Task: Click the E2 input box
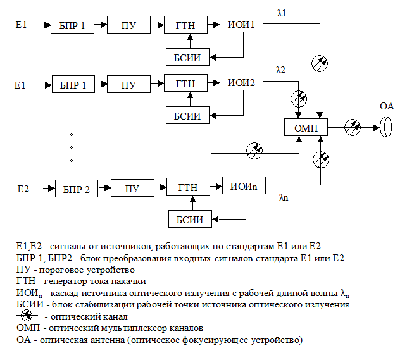(23, 189)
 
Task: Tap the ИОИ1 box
(241, 25)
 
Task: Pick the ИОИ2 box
(241, 82)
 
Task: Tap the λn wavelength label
(284, 197)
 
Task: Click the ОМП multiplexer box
(306, 128)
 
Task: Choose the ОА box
(386, 106)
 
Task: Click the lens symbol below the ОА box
(385, 128)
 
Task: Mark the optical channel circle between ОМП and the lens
(352, 128)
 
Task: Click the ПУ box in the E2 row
(132, 189)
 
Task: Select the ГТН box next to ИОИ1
(185, 25)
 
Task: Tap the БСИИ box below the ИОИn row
(190, 220)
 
